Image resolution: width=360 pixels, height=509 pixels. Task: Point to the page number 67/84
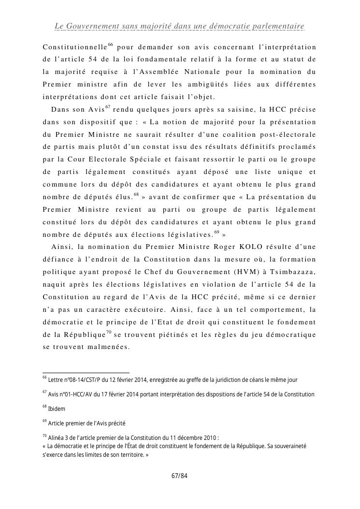tap(180, 476)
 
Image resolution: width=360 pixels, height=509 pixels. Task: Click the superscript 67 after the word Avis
tap(108, 106)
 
